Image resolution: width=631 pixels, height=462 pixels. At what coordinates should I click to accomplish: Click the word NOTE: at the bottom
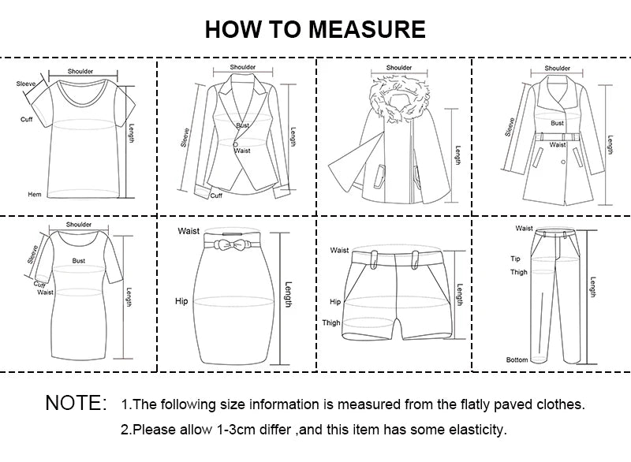coord(76,404)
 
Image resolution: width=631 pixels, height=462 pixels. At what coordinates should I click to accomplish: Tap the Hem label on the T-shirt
coord(34,194)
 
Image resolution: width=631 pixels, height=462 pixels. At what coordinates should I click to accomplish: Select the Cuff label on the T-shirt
coord(26,119)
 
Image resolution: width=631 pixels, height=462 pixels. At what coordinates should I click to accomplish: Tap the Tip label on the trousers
coord(515,258)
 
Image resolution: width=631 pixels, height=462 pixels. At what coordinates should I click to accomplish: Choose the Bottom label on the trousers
coord(517,360)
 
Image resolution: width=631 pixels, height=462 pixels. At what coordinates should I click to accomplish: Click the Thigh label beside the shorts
coord(331,322)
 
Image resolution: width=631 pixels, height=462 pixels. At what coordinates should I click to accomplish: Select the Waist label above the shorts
coord(339,250)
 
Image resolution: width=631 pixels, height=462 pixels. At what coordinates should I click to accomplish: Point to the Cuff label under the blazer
coord(216,196)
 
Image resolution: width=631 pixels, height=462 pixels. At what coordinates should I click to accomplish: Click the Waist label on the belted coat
coord(558,144)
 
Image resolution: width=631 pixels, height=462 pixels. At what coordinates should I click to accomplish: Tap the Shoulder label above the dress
coord(79,225)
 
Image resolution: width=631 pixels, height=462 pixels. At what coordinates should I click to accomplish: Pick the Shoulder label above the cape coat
coord(398,68)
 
